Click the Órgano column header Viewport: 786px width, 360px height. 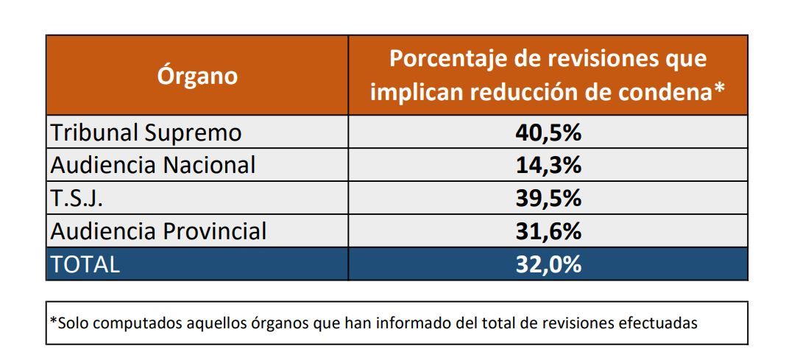click(x=197, y=76)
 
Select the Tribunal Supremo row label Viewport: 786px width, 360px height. click(x=146, y=133)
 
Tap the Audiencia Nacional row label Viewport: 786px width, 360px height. click(x=153, y=165)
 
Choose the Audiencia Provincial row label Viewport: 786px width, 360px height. click(x=158, y=231)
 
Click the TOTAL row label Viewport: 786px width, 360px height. click(x=85, y=264)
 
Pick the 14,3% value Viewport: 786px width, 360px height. click(x=548, y=165)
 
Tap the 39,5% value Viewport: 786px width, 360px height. click(x=548, y=199)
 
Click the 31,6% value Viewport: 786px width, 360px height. click(x=548, y=231)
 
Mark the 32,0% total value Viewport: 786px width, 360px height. click(x=548, y=264)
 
